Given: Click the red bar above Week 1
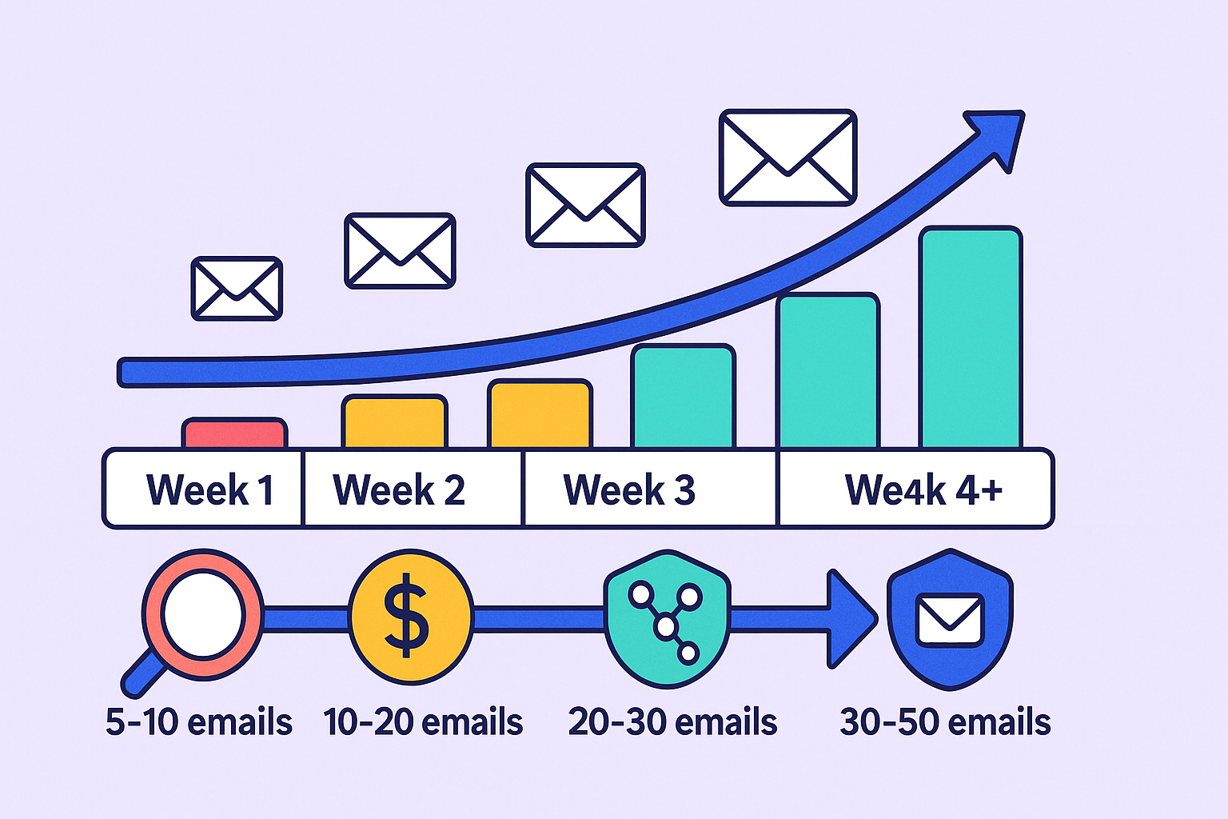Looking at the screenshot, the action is click(x=234, y=433).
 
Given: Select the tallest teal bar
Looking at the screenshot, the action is click(x=971, y=338).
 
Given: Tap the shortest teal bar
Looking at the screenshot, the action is click(x=683, y=396).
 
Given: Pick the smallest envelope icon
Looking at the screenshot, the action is click(x=237, y=289).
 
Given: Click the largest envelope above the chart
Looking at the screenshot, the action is click(x=787, y=158).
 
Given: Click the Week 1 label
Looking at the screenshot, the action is click(x=209, y=489).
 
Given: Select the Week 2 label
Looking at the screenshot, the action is click(x=399, y=489).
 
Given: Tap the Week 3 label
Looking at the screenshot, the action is click(x=629, y=489).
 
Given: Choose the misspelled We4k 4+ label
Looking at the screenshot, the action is click(x=923, y=489).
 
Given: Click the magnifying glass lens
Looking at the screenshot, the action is click(x=203, y=613).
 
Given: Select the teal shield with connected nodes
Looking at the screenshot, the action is click(x=668, y=619).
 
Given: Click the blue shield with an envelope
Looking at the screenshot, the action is click(x=950, y=620).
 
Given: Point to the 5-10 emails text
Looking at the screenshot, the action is click(x=198, y=722).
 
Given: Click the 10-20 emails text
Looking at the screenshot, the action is click(x=423, y=722).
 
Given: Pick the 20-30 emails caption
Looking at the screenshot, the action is click(x=672, y=722).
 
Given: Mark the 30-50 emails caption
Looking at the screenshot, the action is click(x=945, y=722).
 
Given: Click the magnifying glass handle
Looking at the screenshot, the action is click(x=142, y=674).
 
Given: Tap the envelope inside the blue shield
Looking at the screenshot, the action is click(x=950, y=620).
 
